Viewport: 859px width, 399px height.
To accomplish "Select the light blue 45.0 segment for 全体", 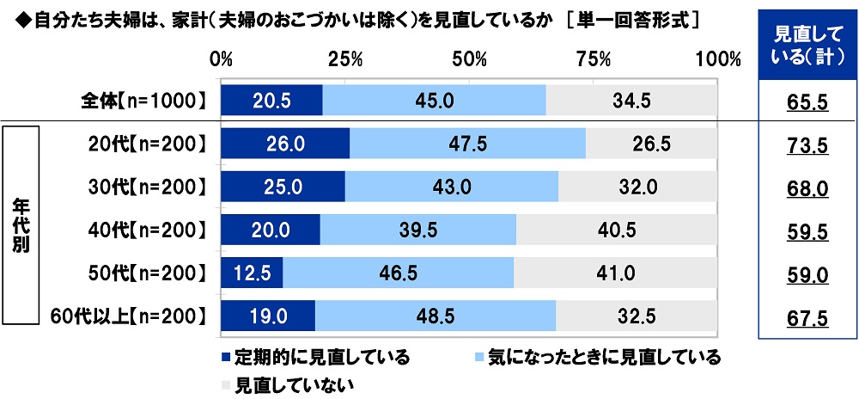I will tap(434, 101).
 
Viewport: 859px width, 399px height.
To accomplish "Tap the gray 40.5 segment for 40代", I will tap(616, 230).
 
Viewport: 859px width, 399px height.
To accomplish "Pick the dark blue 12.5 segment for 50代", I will tap(252, 273).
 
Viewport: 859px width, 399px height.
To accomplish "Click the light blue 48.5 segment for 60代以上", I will tap(436, 316).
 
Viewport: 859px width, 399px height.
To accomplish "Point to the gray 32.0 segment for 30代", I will tap(637, 187).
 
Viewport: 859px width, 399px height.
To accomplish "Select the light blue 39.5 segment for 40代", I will tap(417, 230).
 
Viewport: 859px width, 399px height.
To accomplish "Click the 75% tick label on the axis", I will tap(593, 59).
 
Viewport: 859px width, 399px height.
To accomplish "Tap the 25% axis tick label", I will tap(344, 59).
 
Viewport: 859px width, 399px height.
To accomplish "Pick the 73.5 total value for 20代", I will tap(807, 146).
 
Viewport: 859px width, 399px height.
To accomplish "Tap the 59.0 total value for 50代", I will tap(807, 275).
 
